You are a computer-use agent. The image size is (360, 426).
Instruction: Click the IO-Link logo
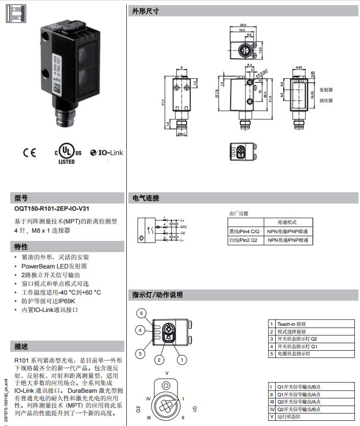tap(106, 152)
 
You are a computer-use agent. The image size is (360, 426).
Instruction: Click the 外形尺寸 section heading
tap(146, 11)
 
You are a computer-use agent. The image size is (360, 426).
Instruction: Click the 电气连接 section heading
tap(146, 198)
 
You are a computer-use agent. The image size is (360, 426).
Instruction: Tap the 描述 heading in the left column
tap(21, 346)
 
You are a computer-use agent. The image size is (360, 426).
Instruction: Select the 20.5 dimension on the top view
tap(243, 25)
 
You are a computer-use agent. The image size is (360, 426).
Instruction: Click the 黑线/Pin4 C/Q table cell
tap(245, 231)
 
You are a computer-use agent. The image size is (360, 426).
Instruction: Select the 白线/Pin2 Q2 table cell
tap(244, 240)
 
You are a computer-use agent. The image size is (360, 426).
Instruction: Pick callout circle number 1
tap(181, 360)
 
